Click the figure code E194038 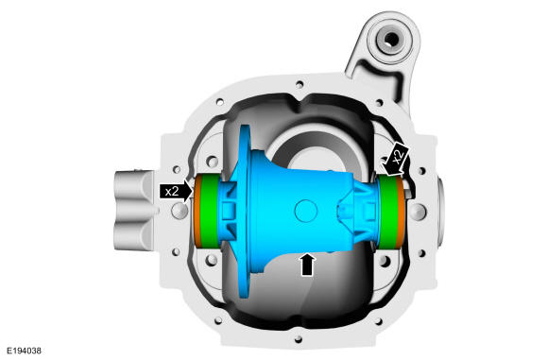24,351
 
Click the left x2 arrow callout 176,191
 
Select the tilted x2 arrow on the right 395,158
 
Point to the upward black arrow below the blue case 307,265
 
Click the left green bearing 210,211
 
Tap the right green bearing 388,213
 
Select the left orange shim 197,211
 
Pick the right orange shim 402,213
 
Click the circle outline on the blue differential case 306,211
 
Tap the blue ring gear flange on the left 244,212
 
